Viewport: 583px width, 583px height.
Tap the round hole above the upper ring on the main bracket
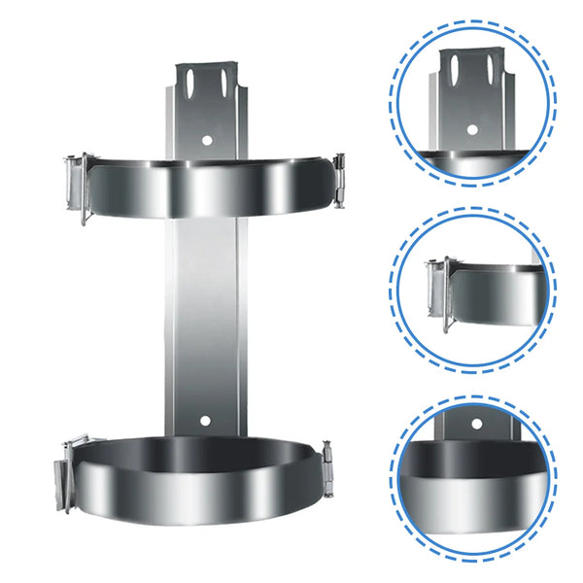click(x=206, y=140)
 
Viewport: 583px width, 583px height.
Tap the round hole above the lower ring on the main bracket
click(x=205, y=421)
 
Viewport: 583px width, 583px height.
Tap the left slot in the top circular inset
click(x=457, y=68)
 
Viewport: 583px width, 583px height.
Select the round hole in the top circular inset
click(x=471, y=129)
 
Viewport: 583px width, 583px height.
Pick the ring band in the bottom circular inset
click(x=475, y=481)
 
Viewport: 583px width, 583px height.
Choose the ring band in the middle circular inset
click(x=496, y=296)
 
